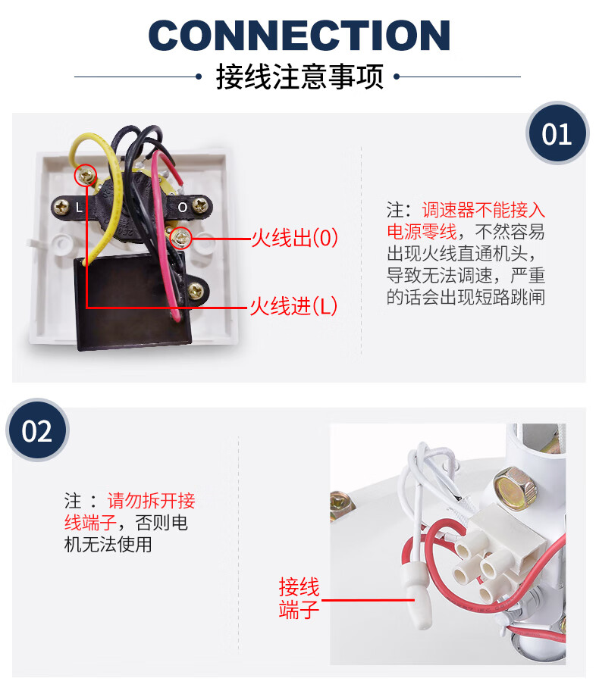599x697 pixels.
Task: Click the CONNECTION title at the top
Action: [x=299, y=34]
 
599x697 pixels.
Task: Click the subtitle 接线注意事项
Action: [x=299, y=77]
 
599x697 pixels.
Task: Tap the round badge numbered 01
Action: [x=557, y=134]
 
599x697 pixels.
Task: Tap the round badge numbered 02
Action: [x=37, y=430]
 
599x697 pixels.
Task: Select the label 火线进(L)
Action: [x=293, y=306]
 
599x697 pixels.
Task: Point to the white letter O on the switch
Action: [x=183, y=205]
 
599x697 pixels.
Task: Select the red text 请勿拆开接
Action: [x=151, y=501]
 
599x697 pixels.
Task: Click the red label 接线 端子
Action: [x=299, y=598]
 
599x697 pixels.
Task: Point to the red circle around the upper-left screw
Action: [x=86, y=177]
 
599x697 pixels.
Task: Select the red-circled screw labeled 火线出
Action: [x=181, y=238]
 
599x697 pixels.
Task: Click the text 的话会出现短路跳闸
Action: [x=466, y=296]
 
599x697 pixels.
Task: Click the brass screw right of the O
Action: [x=201, y=205]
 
